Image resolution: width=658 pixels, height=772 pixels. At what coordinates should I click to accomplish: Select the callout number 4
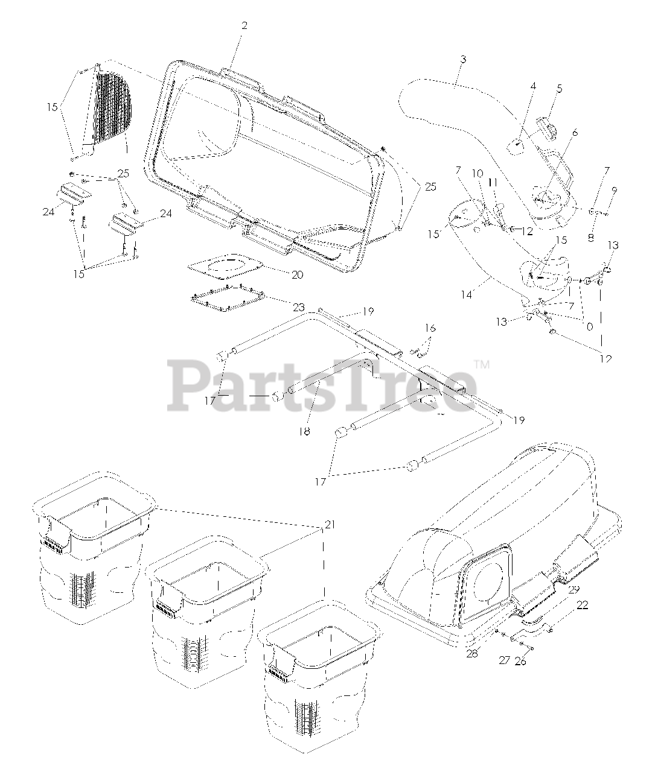533,86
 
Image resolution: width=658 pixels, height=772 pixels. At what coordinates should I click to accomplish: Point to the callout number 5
560,89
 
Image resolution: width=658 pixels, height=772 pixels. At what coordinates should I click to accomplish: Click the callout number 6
575,133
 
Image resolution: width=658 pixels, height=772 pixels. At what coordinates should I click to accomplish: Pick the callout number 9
615,191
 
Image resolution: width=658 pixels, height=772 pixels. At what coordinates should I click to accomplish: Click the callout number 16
429,328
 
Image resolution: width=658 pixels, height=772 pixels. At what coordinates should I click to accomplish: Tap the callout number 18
305,432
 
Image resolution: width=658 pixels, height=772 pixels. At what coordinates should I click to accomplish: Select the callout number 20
297,274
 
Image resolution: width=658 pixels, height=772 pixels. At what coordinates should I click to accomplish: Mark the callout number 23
282,307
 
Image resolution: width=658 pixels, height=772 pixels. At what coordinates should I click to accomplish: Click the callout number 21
329,525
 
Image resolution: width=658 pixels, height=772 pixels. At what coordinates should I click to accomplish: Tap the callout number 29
573,589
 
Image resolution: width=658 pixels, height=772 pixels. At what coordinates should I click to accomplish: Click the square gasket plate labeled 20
225,265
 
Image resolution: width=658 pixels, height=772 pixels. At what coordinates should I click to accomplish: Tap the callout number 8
590,238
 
